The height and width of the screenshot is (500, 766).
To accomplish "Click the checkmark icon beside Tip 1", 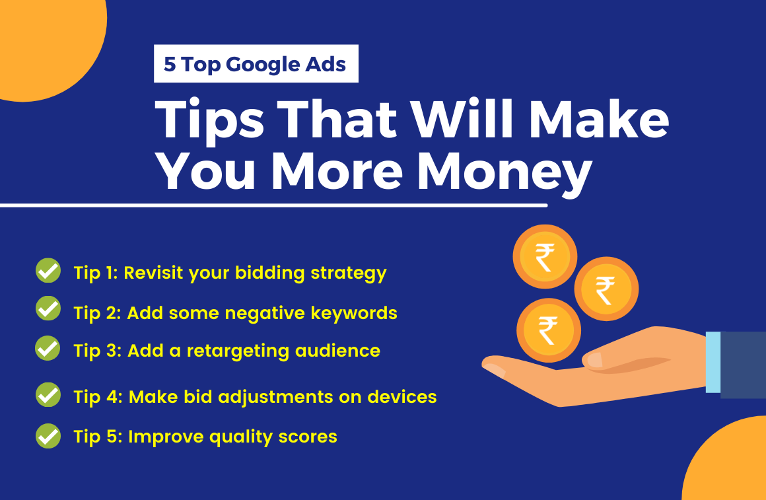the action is [x=48, y=270].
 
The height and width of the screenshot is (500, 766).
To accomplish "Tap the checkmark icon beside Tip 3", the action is [x=48, y=348].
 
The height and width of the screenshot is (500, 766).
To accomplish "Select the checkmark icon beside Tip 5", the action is [x=48, y=435].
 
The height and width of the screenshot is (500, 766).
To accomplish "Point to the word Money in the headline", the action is [x=504, y=172].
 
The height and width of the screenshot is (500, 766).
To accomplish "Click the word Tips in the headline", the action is [x=209, y=120].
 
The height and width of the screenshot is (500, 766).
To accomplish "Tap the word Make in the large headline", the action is [x=599, y=120].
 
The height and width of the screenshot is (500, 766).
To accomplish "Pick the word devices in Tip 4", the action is [x=401, y=396].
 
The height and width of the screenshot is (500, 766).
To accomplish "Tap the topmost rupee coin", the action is [x=545, y=256].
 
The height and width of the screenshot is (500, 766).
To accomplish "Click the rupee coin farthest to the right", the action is [x=606, y=289].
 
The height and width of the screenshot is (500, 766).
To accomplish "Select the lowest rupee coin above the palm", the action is [x=549, y=330].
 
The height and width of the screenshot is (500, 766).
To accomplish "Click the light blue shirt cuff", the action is [x=713, y=362].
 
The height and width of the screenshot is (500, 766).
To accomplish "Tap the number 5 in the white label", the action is [x=170, y=64].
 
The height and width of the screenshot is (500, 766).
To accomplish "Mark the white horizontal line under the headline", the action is [x=273, y=205].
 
